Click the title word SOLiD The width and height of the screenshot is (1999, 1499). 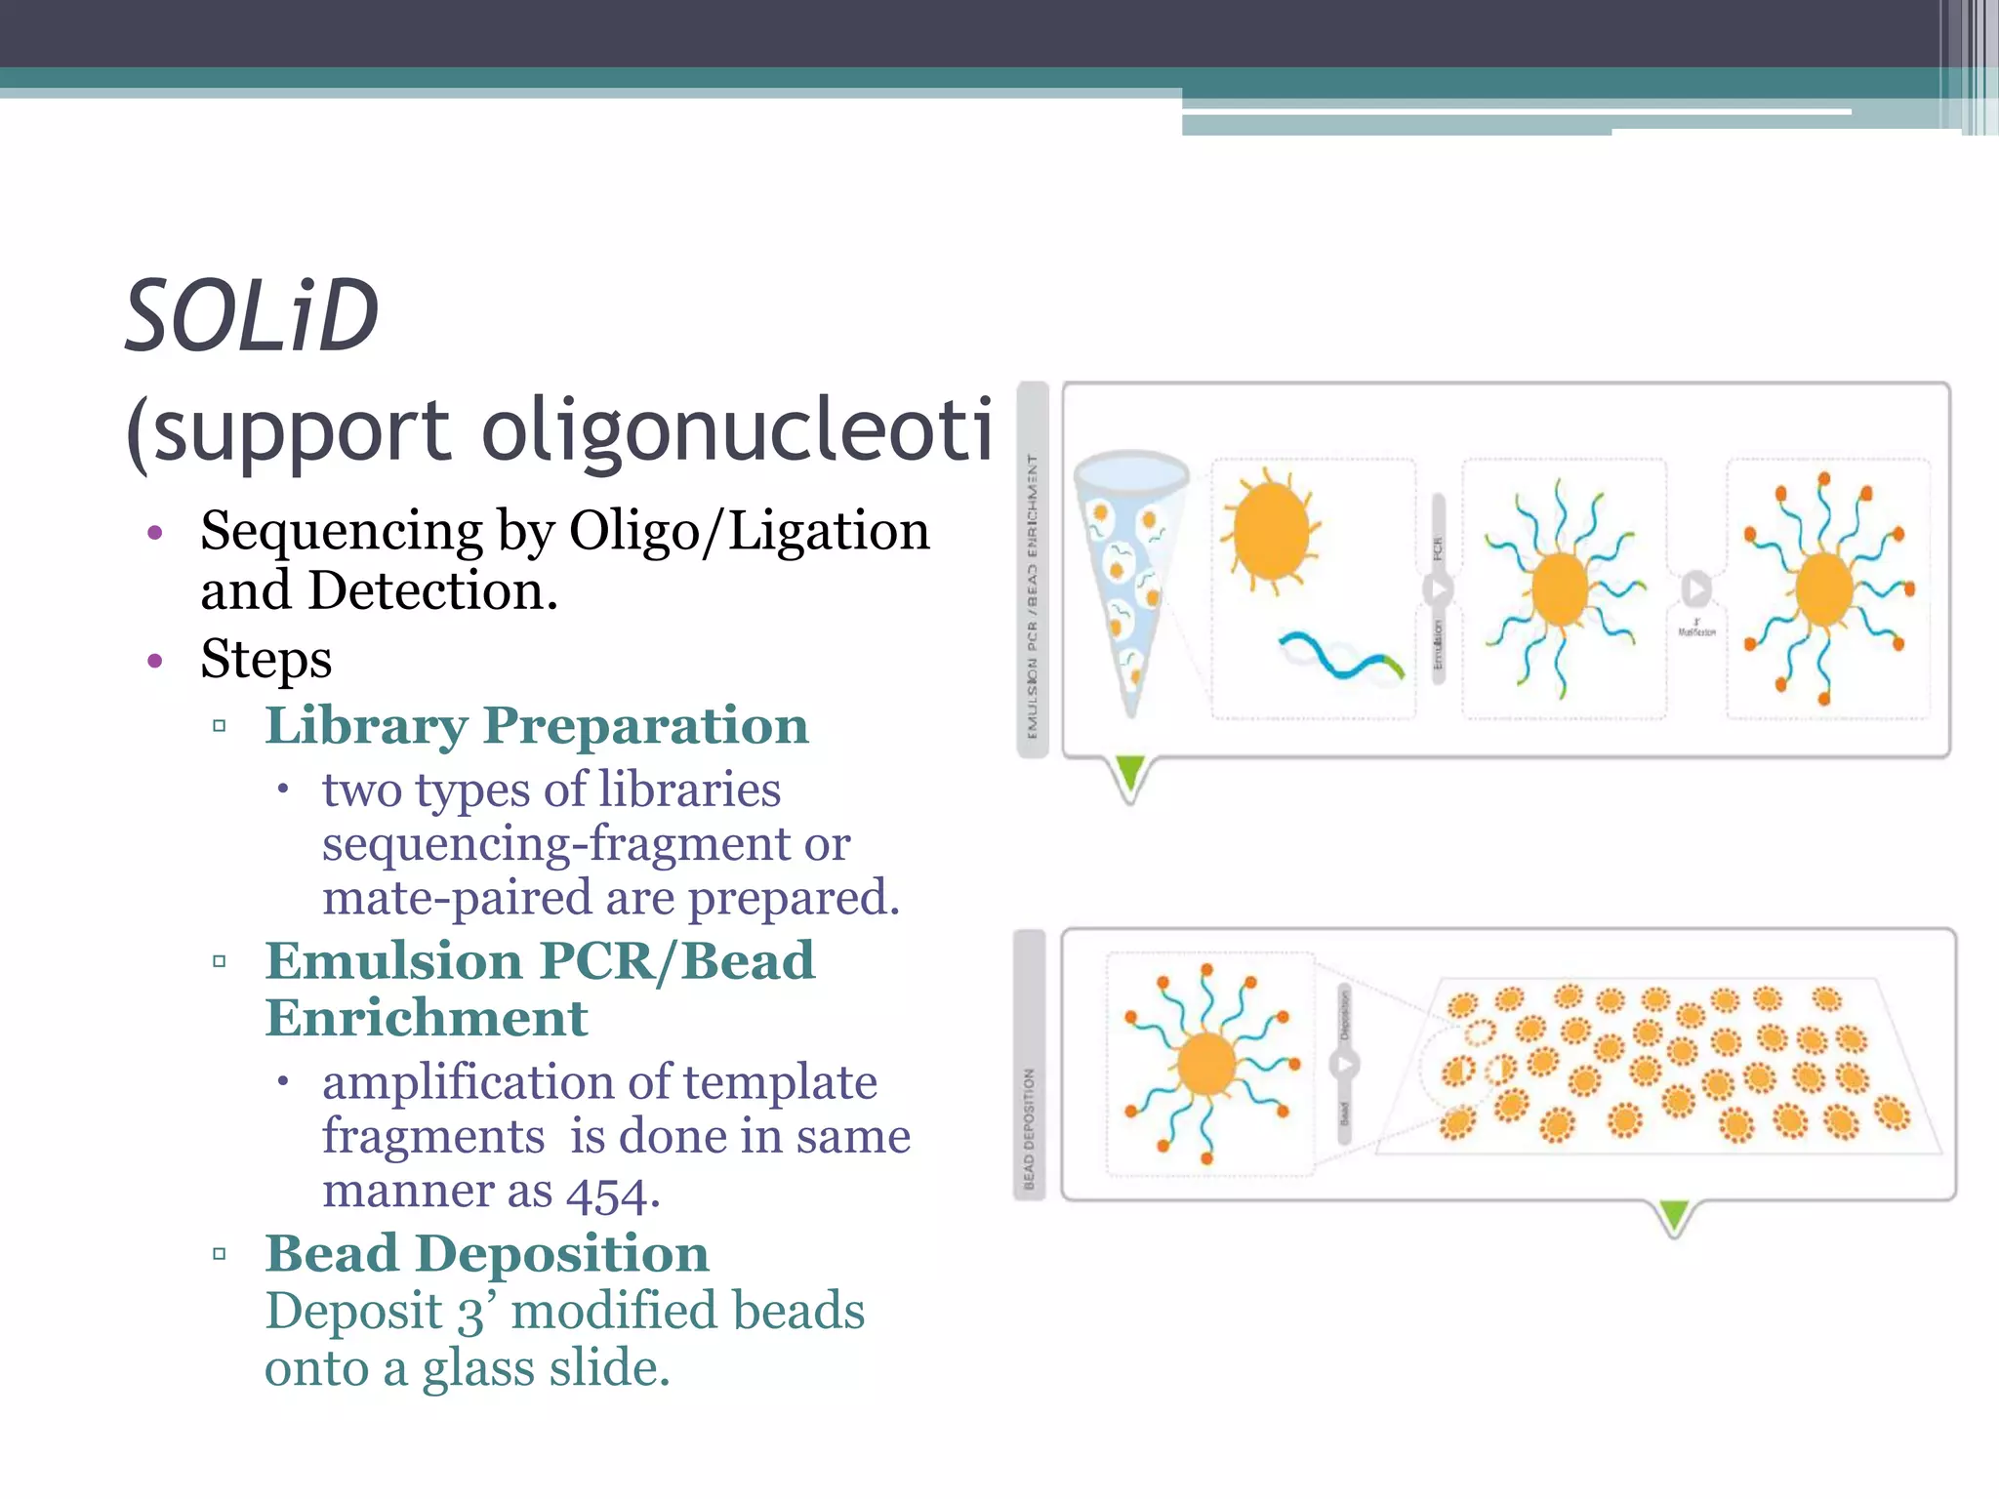tap(252, 316)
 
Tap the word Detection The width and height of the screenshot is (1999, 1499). tap(432, 591)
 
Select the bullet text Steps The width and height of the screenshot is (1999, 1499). tap(265, 659)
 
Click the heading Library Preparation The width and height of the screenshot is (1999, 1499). tap(537, 726)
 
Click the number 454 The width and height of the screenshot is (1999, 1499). tap(607, 1193)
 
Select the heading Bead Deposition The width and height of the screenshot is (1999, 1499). tap(487, 1254)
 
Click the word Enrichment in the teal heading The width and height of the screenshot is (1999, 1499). tap(427, 1019)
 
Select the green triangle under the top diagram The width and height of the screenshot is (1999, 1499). tap(1129, 773)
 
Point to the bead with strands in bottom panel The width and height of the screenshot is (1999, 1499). tap(1208, 1065)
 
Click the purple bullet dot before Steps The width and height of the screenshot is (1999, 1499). tap(154, 661)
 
